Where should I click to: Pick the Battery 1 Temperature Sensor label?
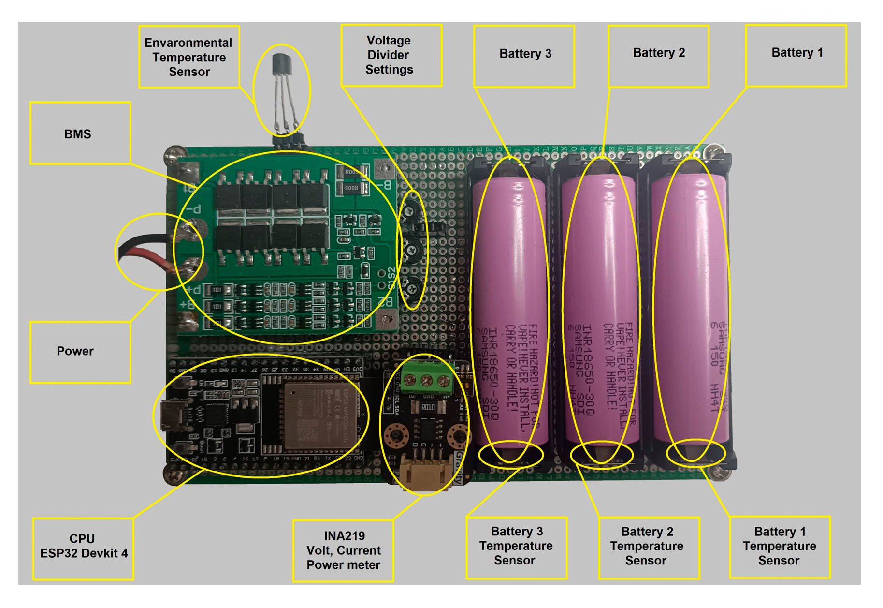coord(779,547)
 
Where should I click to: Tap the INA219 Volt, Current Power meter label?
coord(343,550)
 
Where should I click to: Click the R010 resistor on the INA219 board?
coord(428,407)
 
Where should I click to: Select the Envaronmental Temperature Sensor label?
coord(189,57)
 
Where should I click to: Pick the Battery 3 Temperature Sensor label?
coord(516,547)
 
